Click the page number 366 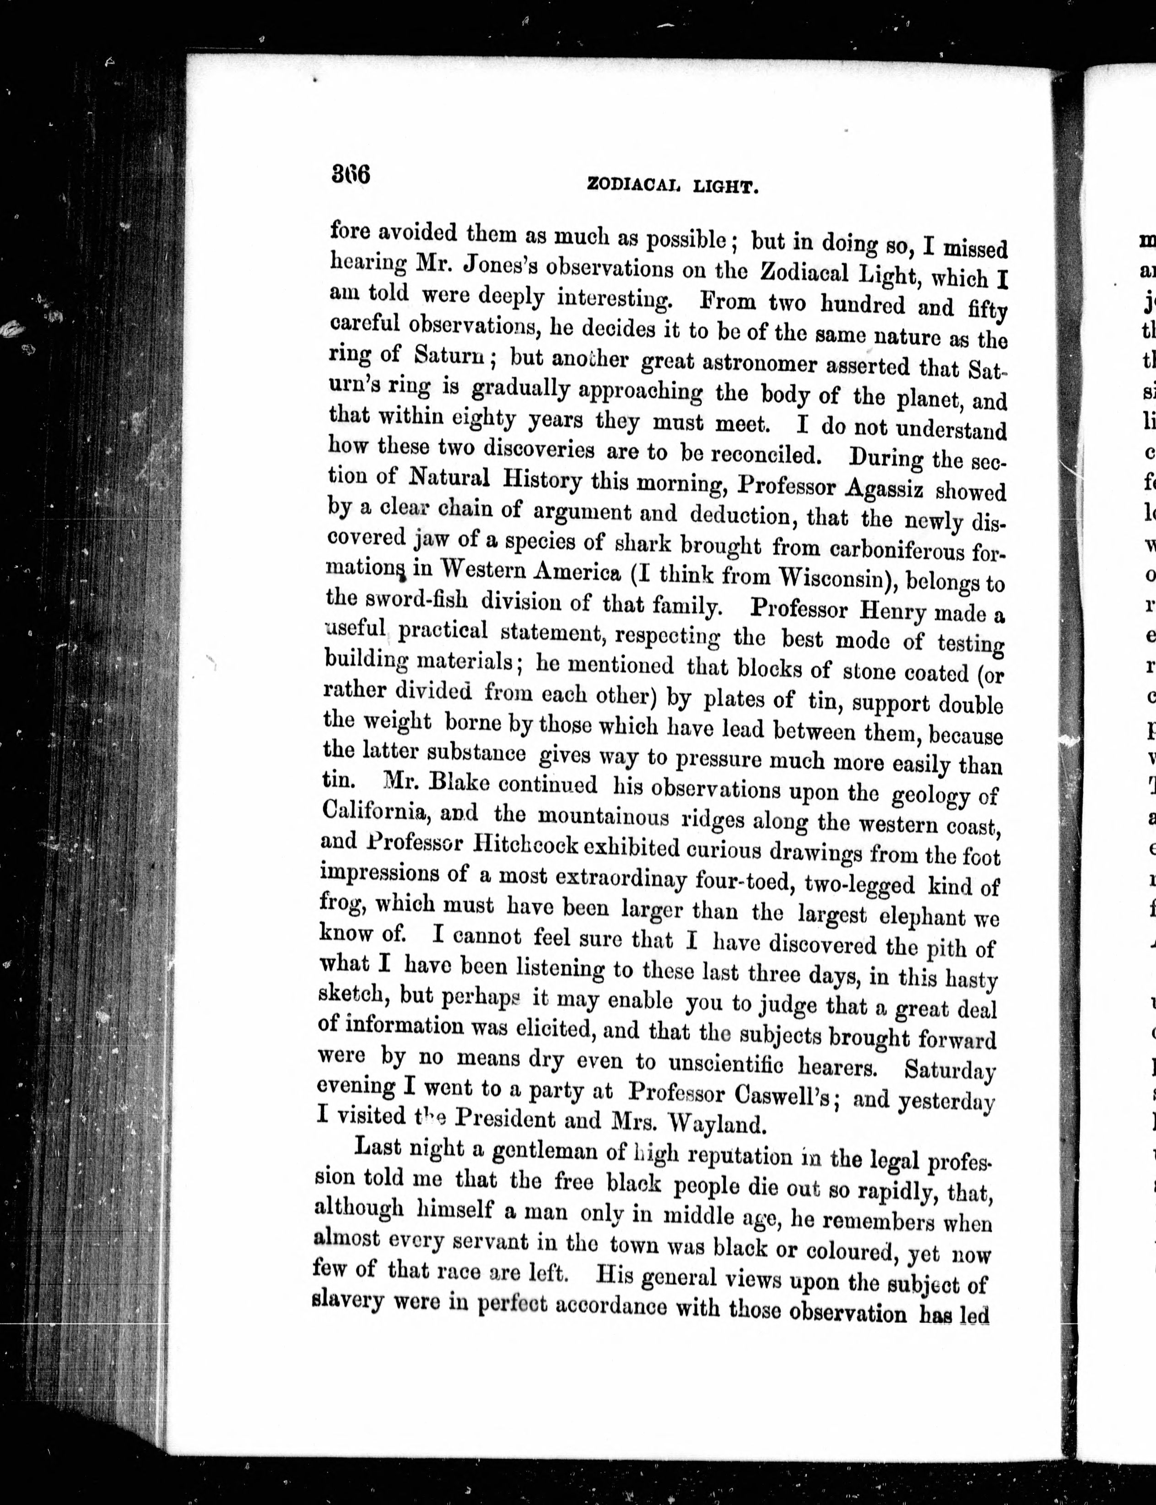(351, 173)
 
